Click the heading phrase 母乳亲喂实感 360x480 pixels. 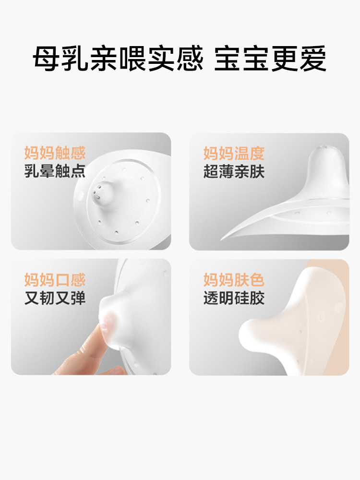[118, 60]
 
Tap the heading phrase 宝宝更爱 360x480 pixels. [270, 60]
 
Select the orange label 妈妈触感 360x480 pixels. [55, 153]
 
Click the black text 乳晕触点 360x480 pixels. [55, 171]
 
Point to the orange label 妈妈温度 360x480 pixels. [234, 153]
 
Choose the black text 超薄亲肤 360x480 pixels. [234, 171]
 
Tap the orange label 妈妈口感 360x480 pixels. [55, 279]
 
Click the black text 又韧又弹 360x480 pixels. [55, 298]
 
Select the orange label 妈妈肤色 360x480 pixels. [234, 279]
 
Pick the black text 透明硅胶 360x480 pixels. [234, 298]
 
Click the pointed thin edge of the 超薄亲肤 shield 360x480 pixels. [226, 238]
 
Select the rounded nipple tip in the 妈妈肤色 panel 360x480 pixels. [250, 331]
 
